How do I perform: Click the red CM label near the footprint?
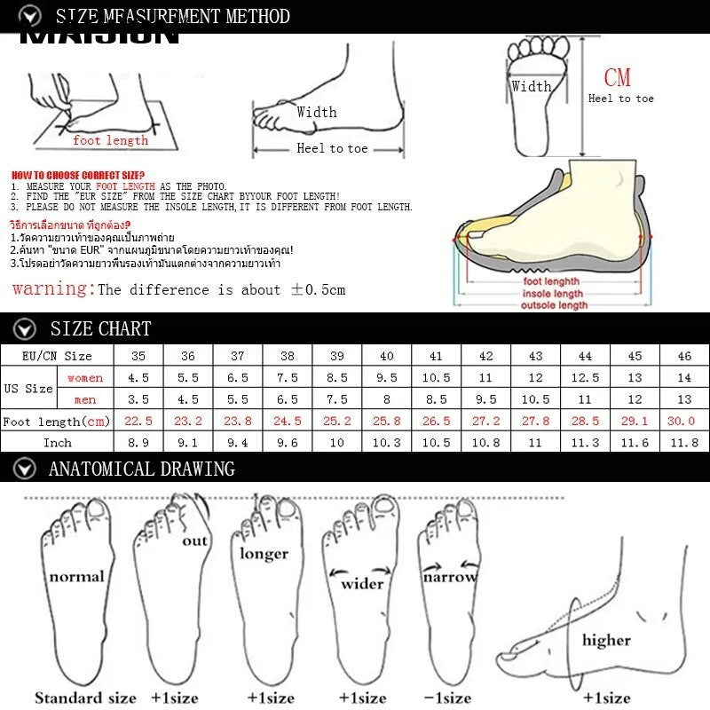617,78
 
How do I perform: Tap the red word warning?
52,288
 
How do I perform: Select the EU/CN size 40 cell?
386,355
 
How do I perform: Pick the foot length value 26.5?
436,421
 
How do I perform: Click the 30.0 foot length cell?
684,421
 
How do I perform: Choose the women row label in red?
85,378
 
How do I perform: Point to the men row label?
85,399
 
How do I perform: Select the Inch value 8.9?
138,442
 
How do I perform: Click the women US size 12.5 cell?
585,378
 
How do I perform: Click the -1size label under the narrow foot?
447,698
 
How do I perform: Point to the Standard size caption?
85,698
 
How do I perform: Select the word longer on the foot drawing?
264,554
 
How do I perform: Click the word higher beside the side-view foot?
606,639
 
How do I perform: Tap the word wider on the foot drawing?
362,583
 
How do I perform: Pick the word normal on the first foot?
76,577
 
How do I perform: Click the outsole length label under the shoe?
554,305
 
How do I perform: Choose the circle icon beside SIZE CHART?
28,328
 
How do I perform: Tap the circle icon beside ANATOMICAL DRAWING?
28,469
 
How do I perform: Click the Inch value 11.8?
684,442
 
